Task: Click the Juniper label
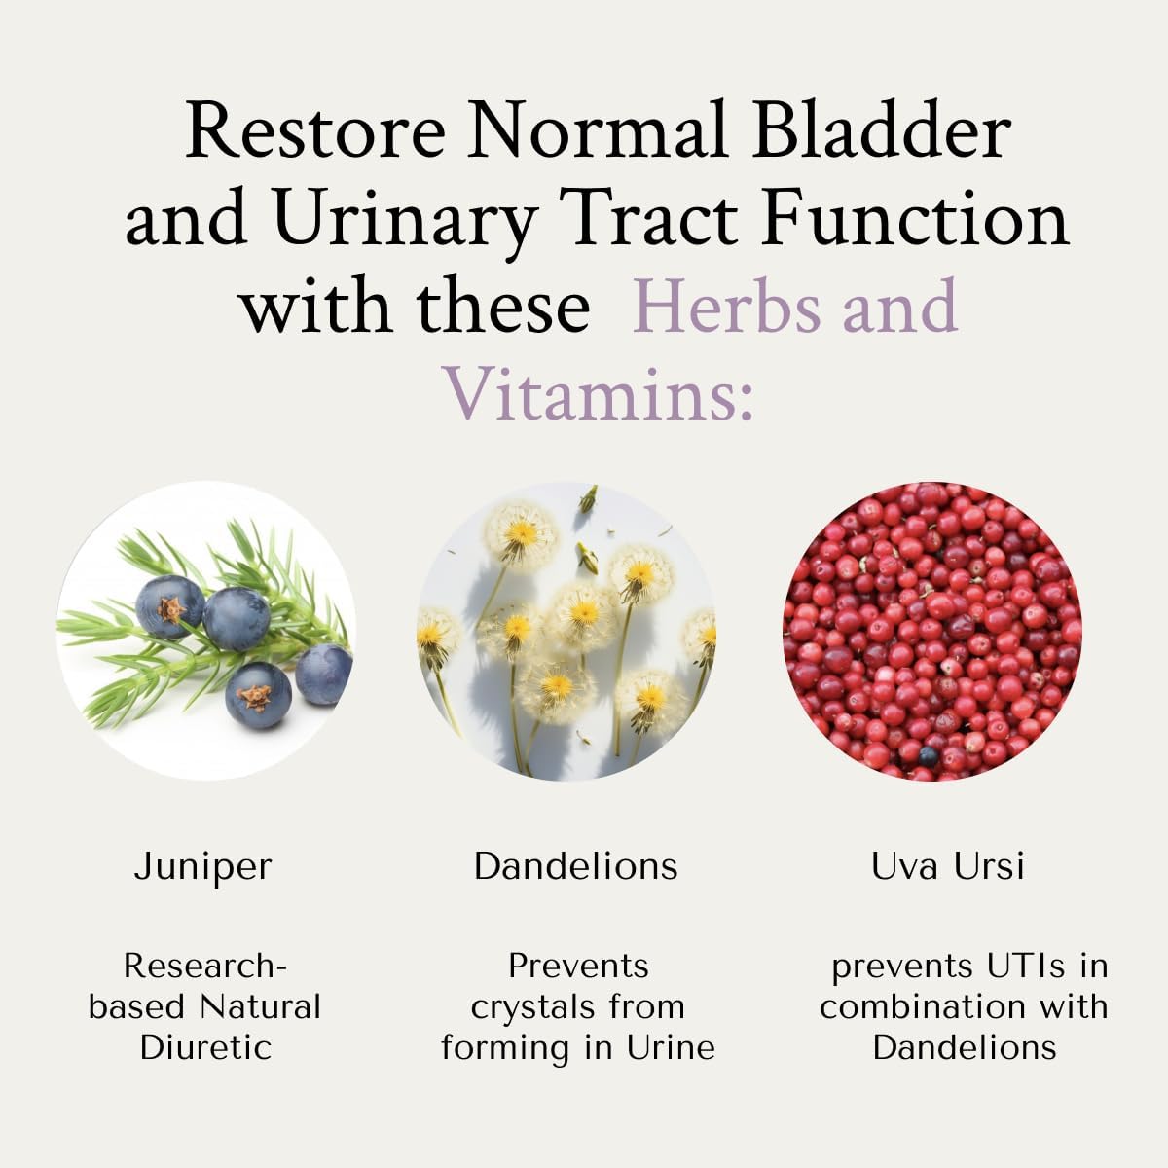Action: [x=203, y=866]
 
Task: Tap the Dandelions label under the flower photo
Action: [x=576, y=866]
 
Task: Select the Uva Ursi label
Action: [x=948, y=866]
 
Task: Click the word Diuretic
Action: [x=205, y=1047]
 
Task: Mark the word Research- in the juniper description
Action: [x=205, y=966]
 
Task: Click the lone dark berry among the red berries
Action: [x=929, y=755]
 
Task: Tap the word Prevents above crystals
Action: [x=578, y=966]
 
